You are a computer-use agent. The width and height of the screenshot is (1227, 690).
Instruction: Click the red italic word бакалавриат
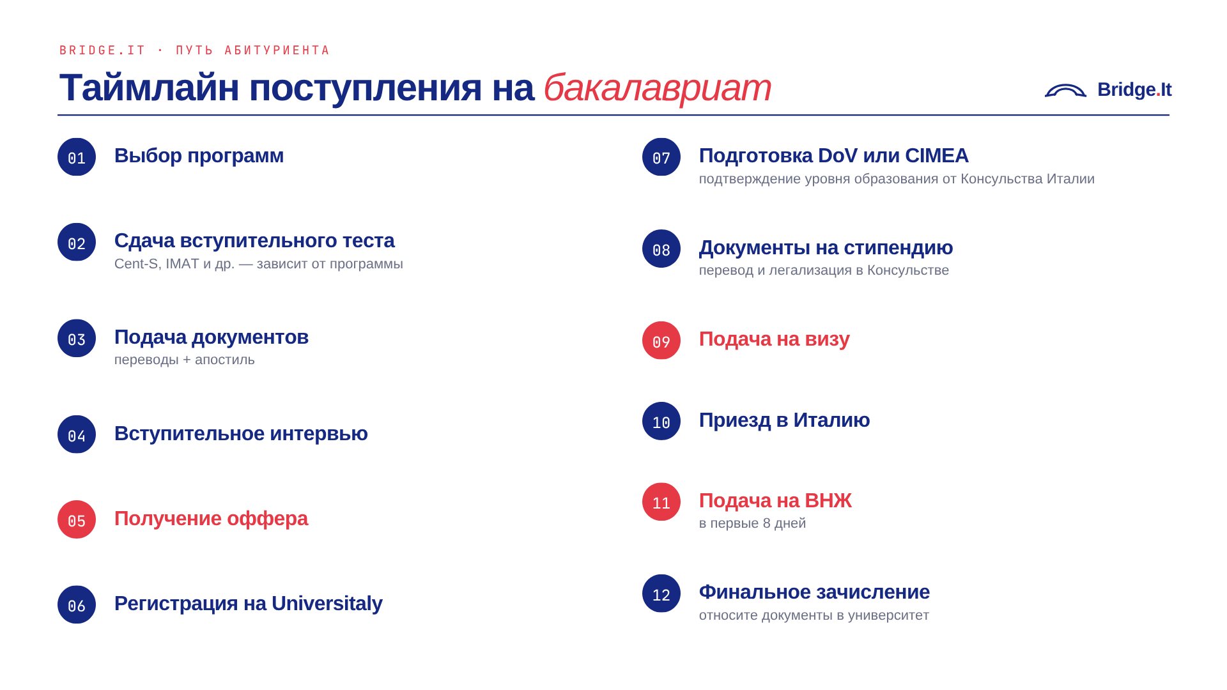(657, 88)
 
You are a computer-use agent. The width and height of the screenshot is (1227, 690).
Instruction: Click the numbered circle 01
(77, 157)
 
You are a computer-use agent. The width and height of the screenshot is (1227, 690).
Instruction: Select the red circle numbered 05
(77, 519)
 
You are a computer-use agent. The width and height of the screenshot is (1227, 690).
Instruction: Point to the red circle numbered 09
(661, 341)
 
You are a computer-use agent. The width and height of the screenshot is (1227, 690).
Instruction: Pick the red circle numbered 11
(661, 502)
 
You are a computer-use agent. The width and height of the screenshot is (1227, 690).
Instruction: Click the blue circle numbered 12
(661, 594)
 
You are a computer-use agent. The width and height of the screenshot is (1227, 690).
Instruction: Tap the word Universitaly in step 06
(327, 604)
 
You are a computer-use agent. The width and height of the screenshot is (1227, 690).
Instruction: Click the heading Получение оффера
(211, 519)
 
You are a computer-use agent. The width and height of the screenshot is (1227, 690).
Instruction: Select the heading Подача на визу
(774, 339)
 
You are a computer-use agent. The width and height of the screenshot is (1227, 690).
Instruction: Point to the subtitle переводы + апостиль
(185, 360)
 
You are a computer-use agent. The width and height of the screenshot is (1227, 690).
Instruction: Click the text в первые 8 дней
(752, 523)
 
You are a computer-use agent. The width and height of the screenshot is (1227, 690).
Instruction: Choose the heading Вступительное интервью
(241, 434)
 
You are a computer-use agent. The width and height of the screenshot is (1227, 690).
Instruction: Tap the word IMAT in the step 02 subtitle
(182, 264)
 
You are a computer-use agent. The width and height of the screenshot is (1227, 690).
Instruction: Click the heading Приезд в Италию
(784, 420)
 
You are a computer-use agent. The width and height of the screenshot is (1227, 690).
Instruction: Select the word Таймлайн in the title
(149, 88)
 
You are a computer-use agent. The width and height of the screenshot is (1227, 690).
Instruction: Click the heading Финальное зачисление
(814, 592)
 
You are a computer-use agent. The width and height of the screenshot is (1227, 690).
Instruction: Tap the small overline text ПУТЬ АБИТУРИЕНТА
(252, 50)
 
